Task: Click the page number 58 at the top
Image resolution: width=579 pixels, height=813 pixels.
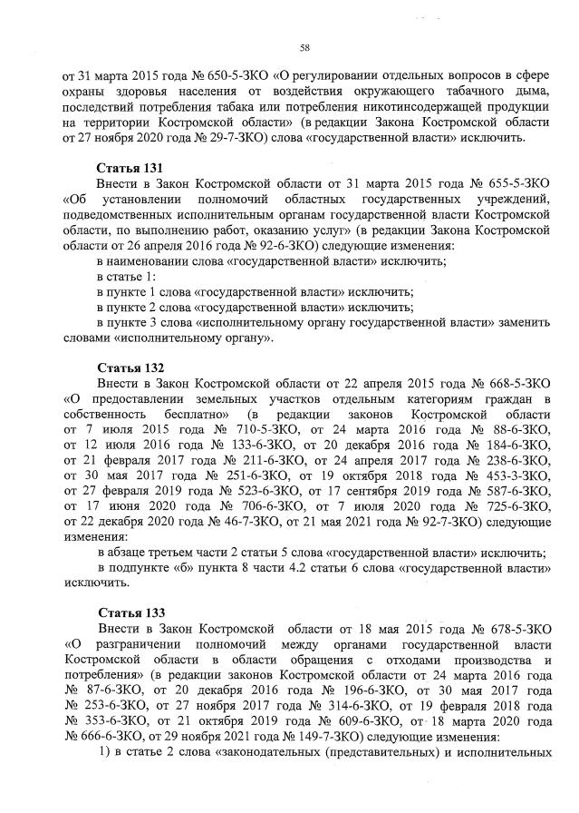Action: coord(304,47)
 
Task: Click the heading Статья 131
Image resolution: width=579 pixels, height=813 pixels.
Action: coord(130,169)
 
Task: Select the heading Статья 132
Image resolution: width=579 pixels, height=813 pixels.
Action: coord(130,367)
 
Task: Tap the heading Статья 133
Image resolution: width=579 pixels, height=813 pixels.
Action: coord(130,613)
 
